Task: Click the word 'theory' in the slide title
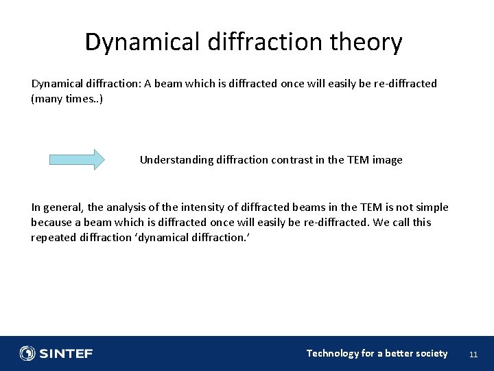coord(366,43)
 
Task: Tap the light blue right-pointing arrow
coord(77,160)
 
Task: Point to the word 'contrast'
coord(294,160)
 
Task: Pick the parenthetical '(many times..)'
coord(67,99)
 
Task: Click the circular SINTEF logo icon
coord(27,353)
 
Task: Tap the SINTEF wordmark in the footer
coord(66,354)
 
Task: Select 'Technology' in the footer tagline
coord(332,353)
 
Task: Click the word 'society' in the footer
coord(430,353)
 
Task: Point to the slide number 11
coord(473,355)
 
